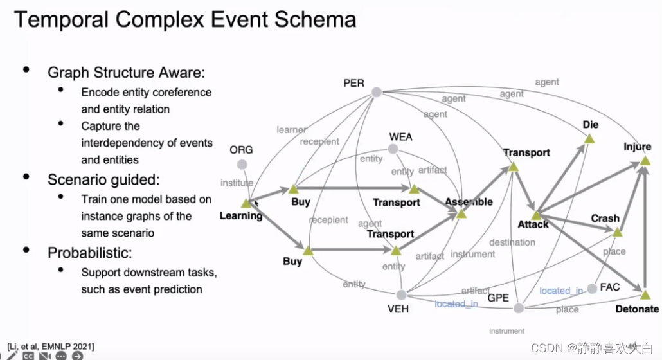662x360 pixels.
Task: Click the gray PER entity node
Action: pyautogui.click(x=377, y=92)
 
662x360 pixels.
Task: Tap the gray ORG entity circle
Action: pyautogui.click(x=242, y=165)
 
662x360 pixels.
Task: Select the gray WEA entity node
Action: pyautogui.click(x=393, y=149)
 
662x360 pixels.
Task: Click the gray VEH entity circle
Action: pyautogui.click(x=401, y=294)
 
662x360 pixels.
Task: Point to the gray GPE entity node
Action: pyautogui.click(x=519, y=308)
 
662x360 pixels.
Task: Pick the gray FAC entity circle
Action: pyautogui.click(x=592, y=289)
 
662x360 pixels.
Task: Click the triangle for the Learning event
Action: pyautogui.click(x=246, y=203)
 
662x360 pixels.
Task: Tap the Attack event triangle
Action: pyautogui.click(x=536, y=215)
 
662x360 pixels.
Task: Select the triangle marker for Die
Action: pyautogui.click(x=589, y=138)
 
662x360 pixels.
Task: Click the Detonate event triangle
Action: pyautogui.click(x=645, y=294)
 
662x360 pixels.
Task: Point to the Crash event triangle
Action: pyautogui.click(x=617, y=231)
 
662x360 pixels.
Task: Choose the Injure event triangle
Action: pyautogui.click(x=644, y=161)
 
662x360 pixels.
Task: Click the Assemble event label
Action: pyautogui.click(x=469, y=201)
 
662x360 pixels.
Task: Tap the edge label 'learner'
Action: pyautogui.click(x=291, y=130)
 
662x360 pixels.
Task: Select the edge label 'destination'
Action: pyautogui.click(x=512, y=242)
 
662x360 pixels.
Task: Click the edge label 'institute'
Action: pyautogui.click(x=237, y=183)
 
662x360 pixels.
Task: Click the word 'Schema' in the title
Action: pyautogui.click(x=315, y=19)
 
